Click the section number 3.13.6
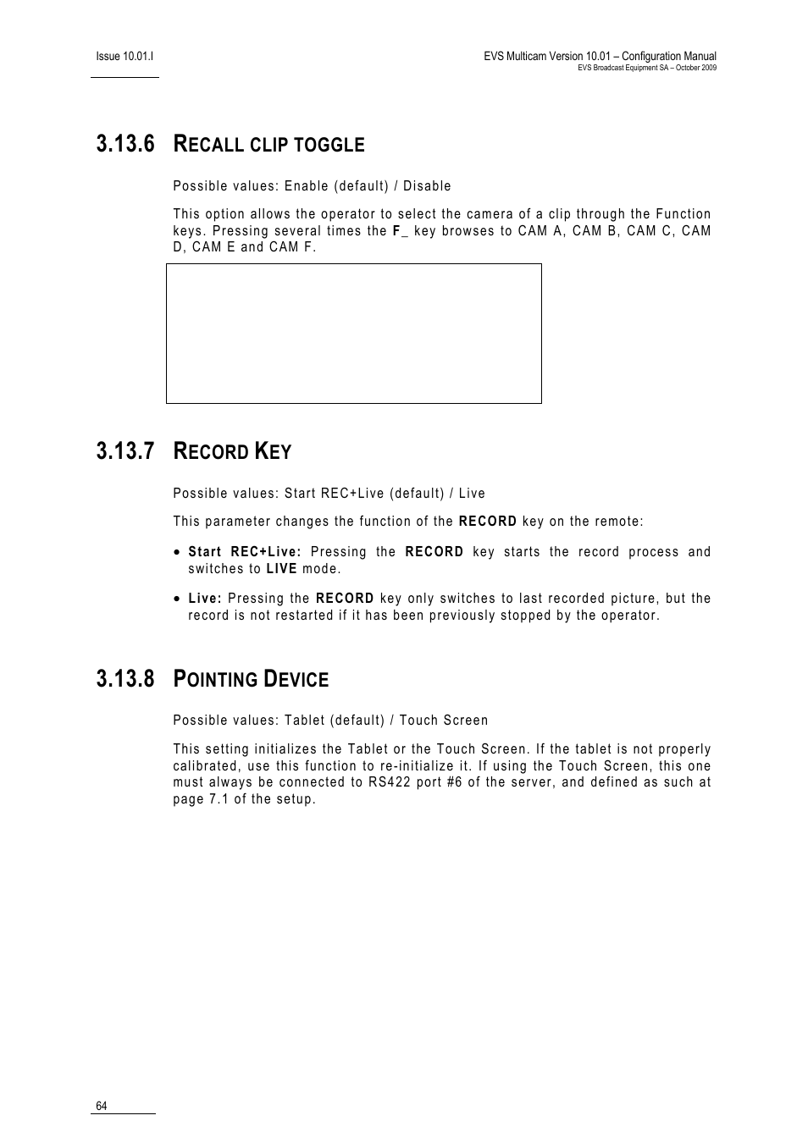(125, 144)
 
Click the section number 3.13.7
(125, 451)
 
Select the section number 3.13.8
(125, 679)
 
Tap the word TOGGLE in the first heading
(329, 146)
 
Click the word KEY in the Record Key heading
(274, 452)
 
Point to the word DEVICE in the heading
(296, 680)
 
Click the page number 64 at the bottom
(102, 1107)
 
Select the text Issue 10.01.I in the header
(125, 56)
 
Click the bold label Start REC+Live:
(245, 552)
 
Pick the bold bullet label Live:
(205, 599)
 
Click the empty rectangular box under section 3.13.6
(353, 334)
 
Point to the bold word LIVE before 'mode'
(281, 569)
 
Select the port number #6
(454, 782)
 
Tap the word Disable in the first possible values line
(427, 186)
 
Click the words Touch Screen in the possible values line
(444, 721)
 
